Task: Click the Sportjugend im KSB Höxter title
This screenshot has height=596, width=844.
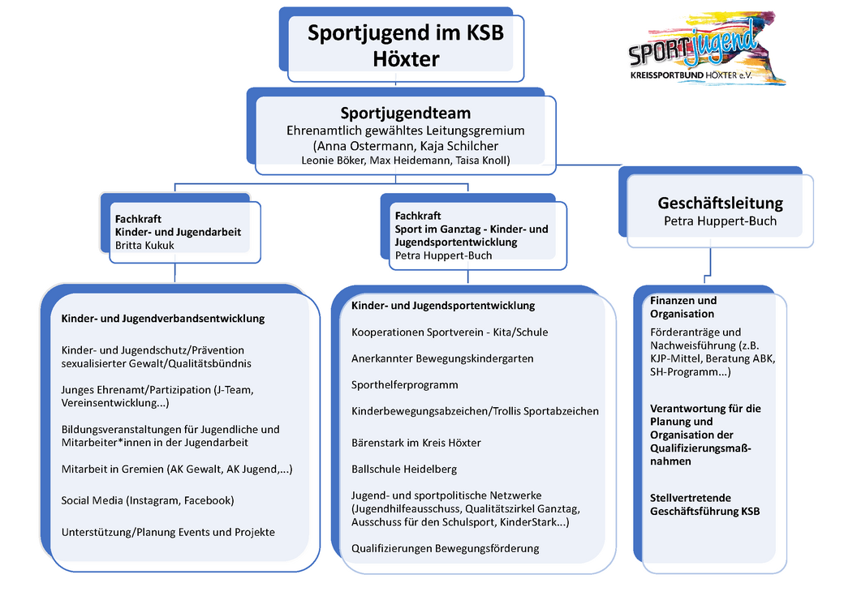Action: (405, 45)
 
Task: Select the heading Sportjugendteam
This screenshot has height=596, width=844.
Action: (405, 113)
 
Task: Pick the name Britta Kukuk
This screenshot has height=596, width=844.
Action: (144, 245)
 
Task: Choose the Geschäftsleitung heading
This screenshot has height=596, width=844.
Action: (720, 203)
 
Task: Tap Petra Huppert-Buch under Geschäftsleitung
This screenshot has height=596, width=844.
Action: (720, 221)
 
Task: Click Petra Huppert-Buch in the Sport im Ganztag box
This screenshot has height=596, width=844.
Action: (443, 255)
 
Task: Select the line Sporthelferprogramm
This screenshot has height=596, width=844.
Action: (404, 384)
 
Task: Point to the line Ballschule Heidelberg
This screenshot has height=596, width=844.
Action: (404, 469)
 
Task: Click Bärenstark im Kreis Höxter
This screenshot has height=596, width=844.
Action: (416, 443)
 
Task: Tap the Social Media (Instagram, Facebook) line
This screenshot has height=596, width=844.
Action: (148, 500)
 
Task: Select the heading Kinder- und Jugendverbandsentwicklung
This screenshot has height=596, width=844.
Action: (163, 319)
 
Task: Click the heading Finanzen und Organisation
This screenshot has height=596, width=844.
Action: (683, 307)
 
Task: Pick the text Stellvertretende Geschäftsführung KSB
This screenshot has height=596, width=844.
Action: (704, 504)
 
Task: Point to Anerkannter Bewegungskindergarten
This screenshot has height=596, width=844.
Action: (442, 358)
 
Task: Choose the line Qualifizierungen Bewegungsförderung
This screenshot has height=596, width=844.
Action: (445, 548)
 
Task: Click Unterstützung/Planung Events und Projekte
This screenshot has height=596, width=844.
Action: (168, 532)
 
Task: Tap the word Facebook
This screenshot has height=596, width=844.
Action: (208, 500)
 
